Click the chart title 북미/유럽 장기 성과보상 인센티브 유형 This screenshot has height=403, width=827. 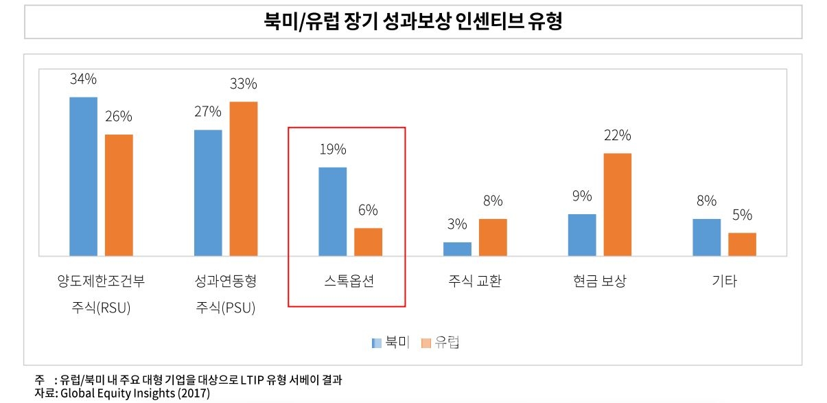coord(413,22)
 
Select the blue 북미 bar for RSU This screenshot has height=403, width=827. coord(83,176)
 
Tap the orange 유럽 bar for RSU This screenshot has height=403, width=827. coord(119,194)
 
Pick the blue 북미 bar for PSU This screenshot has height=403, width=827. coord(208,192)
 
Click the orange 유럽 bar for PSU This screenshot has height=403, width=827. coord(244,179)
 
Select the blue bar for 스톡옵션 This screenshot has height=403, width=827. coord(333,211)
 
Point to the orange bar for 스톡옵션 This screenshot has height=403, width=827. coord(368,241)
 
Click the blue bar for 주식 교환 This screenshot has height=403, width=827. coord(457,249)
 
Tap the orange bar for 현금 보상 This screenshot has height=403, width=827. coord(618,204)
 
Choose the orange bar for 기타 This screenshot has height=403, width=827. coord(742,244)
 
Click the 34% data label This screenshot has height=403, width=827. coord(83,79)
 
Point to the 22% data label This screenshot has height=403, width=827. coord(618,135)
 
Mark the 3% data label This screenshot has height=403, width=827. coord(457,224)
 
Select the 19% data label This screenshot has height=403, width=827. coord(333,149)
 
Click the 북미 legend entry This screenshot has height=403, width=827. coord(391,343)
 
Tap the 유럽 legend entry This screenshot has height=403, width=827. coord(440,343)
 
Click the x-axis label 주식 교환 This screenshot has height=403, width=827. coord(475,281)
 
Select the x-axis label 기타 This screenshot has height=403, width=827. coord(725,281)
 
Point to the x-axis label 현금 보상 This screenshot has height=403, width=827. coord(600,281)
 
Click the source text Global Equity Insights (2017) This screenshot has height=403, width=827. coord(135,393)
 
